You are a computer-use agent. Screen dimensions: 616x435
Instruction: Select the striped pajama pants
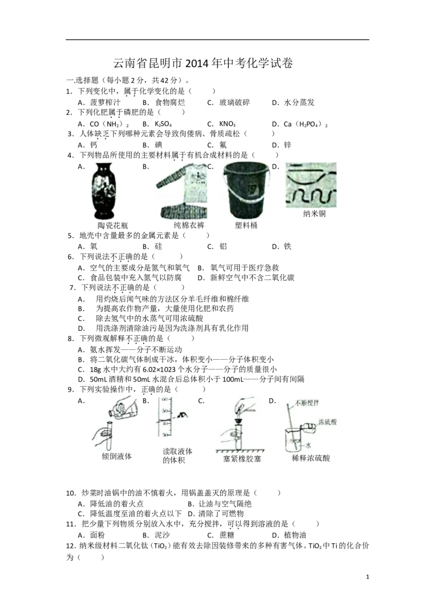click(x=179, y=215)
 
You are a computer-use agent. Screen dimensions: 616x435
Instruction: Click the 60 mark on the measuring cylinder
click(x=166, y=399)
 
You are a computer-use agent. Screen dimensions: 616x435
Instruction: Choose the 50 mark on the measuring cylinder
click(x=166, y=412)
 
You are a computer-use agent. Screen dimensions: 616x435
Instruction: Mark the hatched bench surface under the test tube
click(x=239, y=453)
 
